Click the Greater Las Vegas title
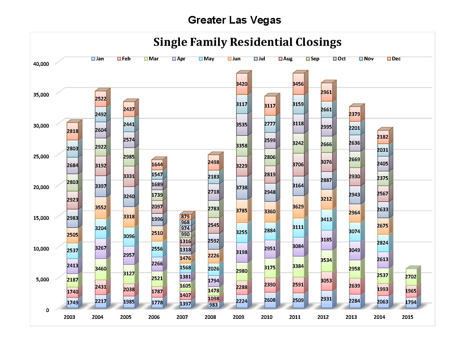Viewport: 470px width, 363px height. (235, 20)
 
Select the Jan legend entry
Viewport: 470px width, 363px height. (97, 59)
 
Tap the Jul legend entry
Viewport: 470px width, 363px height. (259, 59)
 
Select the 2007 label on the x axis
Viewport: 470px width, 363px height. (182, 317)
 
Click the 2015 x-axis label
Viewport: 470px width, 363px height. (407, 317)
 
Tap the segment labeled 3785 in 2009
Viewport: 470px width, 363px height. (242, 211)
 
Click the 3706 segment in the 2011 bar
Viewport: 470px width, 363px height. (298, 165)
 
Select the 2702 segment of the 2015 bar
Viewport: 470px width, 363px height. (411, 277)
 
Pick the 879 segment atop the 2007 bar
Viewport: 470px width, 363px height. (185, 216)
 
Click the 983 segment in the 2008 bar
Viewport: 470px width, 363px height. (214, 305)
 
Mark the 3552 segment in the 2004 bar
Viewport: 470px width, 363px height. (101, 208)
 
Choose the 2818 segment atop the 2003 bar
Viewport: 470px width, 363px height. (73, 131)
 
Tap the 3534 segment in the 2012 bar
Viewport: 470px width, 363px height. (326, 260)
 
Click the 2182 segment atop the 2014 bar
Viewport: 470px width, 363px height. (383, 137)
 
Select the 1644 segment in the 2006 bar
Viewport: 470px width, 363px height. (157, 165)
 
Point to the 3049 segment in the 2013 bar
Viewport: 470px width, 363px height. (354, 250)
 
